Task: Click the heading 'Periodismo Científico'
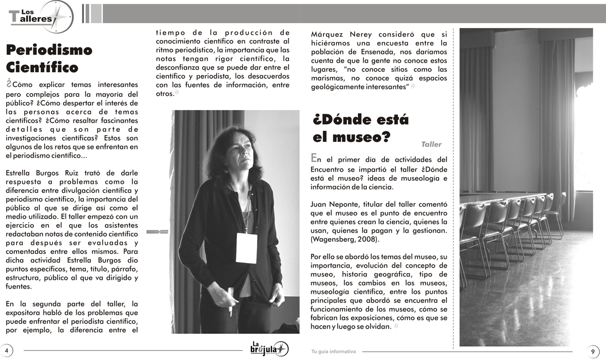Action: click(49, 59)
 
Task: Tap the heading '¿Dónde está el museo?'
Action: click(361, 128)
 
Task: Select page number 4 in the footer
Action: click(7, 350)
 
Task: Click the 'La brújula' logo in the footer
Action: click(270, 348)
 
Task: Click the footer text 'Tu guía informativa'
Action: click(333, 351)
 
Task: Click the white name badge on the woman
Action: click(246, 248)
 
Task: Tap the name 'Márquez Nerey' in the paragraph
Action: click(337, 34)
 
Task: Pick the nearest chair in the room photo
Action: click(475, 237)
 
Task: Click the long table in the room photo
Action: click(500, 197)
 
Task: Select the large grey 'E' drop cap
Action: click(315, 159)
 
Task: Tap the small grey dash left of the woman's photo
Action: click(157, 232)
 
